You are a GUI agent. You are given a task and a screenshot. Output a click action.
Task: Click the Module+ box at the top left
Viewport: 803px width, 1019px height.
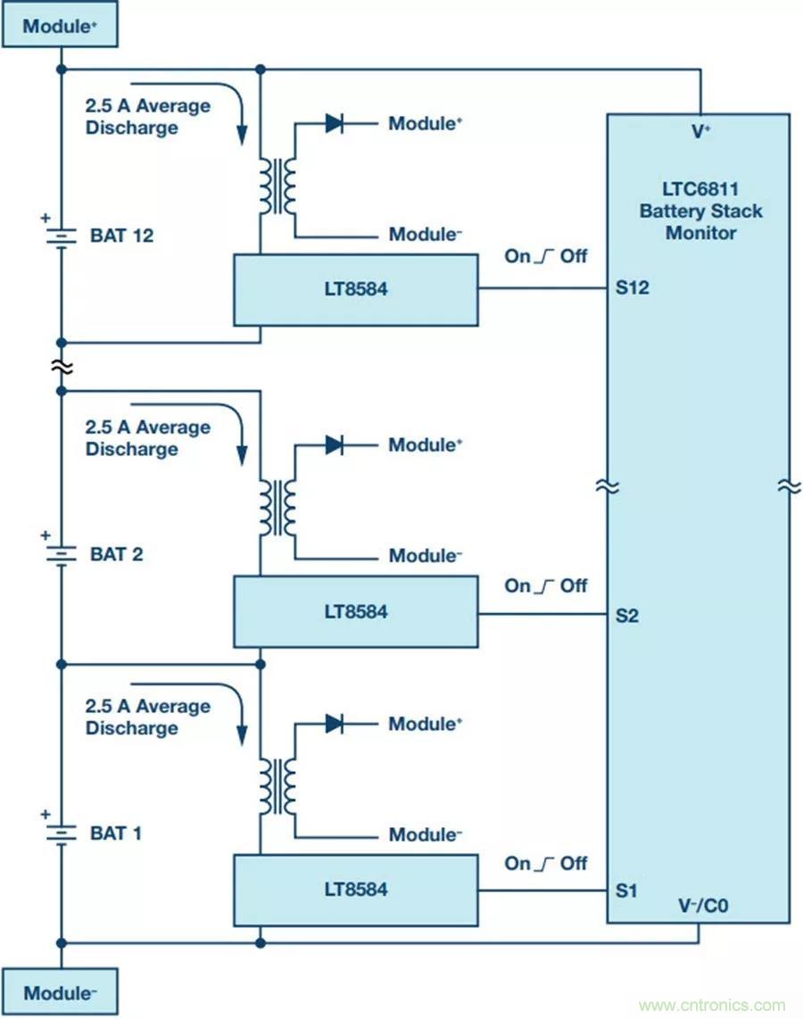point(60,26)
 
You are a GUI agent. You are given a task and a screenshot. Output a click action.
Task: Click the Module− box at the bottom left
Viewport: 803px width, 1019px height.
point(60,992)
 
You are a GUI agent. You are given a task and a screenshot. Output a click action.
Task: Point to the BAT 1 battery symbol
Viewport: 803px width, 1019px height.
point(61,833)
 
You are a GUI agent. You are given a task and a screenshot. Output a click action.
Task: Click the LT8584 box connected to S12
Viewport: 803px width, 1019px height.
point(355,289)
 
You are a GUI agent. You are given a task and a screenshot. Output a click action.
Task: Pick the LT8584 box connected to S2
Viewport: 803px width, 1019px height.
point(355,611)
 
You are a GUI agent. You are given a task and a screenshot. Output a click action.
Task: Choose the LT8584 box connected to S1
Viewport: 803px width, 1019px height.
point(355,890)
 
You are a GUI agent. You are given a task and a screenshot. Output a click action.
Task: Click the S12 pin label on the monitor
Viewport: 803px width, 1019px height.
point(632,288)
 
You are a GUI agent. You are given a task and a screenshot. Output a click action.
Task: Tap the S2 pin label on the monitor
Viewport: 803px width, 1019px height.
point(627,616)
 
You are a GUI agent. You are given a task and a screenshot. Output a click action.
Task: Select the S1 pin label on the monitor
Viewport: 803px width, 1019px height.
point(626,891)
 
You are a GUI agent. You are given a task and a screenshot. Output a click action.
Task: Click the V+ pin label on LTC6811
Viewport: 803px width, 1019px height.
point(701,131)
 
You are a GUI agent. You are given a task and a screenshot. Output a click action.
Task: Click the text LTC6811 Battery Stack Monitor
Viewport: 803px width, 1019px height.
point(700,211)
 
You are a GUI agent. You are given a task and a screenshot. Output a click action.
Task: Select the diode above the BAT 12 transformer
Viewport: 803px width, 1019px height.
point(335,123)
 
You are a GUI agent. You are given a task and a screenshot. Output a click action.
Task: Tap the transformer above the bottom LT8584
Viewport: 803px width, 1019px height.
point(277,786)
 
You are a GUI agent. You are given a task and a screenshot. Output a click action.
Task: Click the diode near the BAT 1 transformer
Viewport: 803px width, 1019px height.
point(335,724)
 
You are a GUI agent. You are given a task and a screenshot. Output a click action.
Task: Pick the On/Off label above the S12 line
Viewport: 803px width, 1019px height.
point(546,256)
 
